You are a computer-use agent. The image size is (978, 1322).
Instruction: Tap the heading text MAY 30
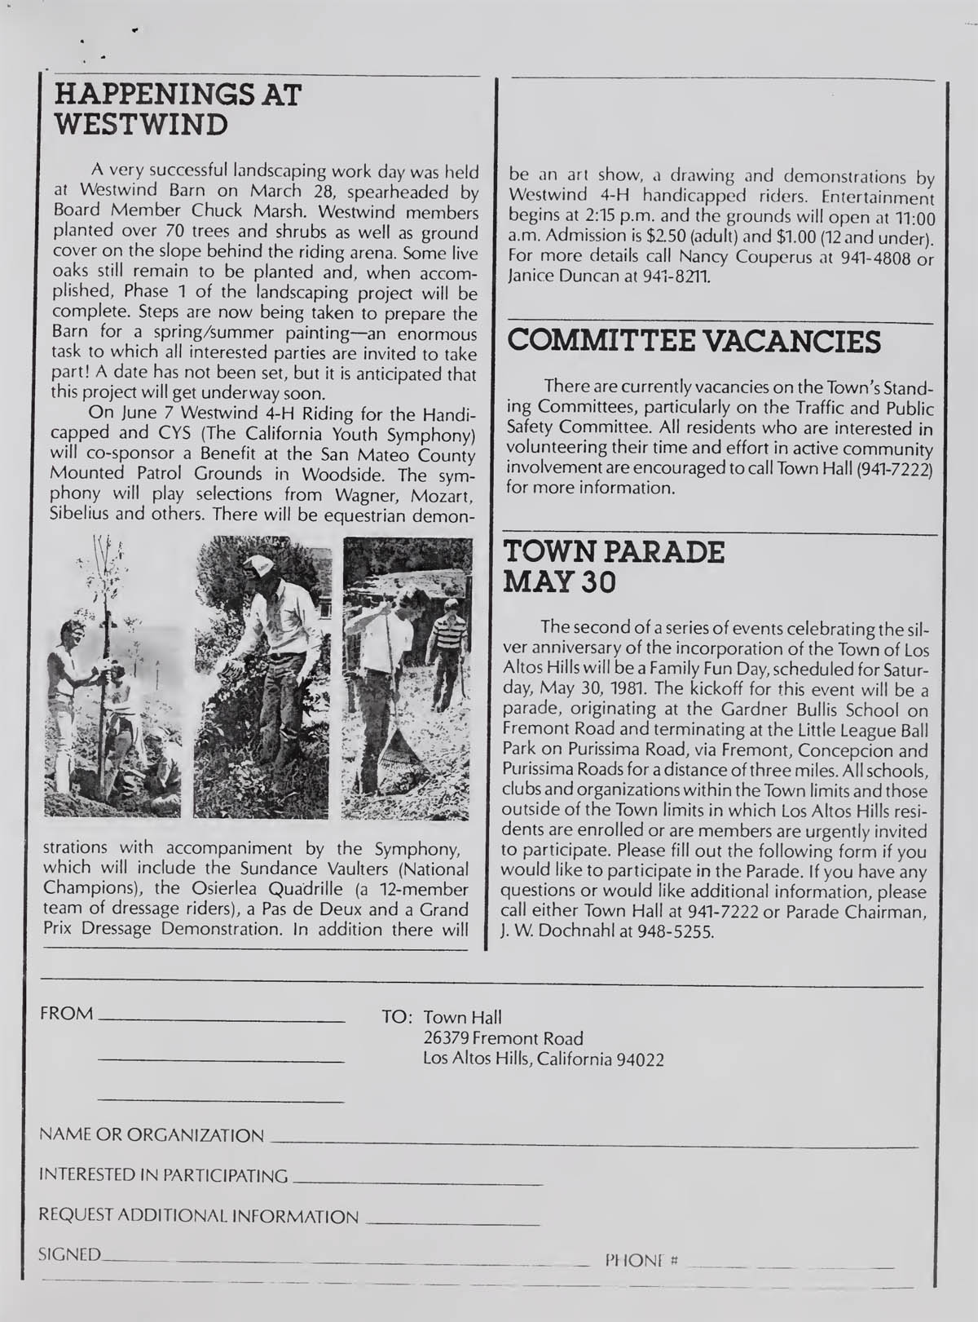click(561, 582)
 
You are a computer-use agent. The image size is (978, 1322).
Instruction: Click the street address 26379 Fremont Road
click(504, 1038)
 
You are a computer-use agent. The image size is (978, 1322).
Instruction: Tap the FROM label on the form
click(67, 1014)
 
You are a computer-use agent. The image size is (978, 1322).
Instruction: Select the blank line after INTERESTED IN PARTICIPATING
click(416, 1182)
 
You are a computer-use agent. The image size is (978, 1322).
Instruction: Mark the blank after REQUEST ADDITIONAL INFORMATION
click(452, 1223)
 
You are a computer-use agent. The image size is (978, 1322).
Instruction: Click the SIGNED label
click(71, 1254)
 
